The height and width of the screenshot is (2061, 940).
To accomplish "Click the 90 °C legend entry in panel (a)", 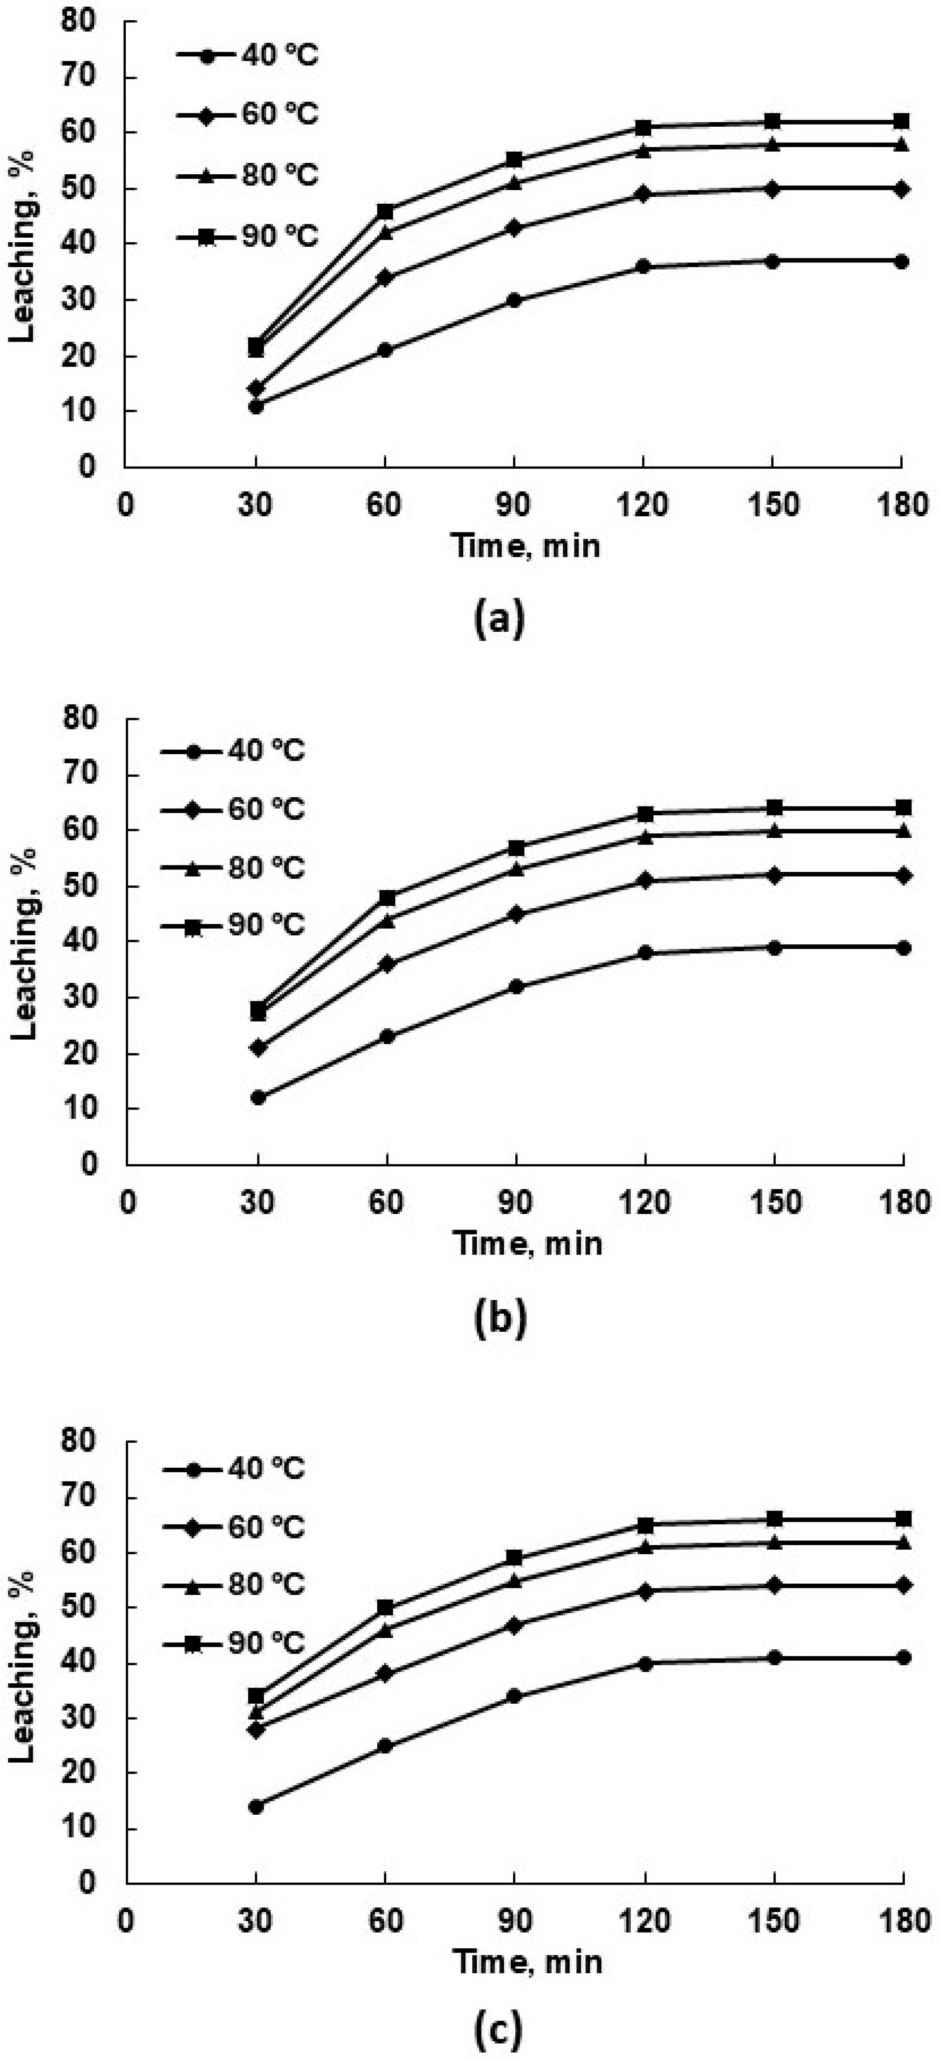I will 248,237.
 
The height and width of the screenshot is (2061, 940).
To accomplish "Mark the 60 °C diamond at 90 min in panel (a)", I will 514,228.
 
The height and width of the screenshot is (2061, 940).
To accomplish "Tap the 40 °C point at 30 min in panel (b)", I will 257,1097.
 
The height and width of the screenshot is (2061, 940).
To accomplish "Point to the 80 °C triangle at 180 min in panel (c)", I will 903,1542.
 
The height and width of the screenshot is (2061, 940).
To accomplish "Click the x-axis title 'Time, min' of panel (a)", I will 526,546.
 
